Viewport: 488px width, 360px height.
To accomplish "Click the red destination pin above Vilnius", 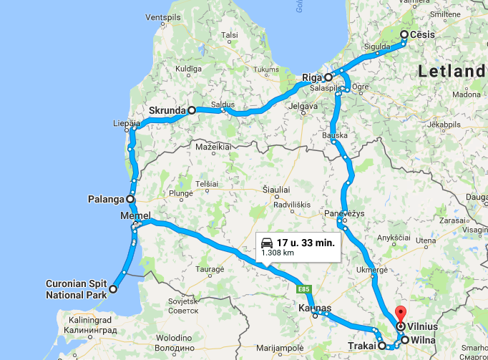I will click(400, 313).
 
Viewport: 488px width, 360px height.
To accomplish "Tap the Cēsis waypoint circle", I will click(404, 34).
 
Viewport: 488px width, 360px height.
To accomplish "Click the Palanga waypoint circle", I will click(130, 199).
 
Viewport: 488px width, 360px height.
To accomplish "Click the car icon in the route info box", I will click(267, 242).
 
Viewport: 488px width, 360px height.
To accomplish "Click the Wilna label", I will click(423, 341).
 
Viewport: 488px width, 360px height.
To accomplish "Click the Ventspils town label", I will click(164, 16).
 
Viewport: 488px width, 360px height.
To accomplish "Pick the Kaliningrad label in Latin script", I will click(92, 320).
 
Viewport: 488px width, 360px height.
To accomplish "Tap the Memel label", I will click(135, 216).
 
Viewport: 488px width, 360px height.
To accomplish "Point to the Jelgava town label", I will click(303, 107).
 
